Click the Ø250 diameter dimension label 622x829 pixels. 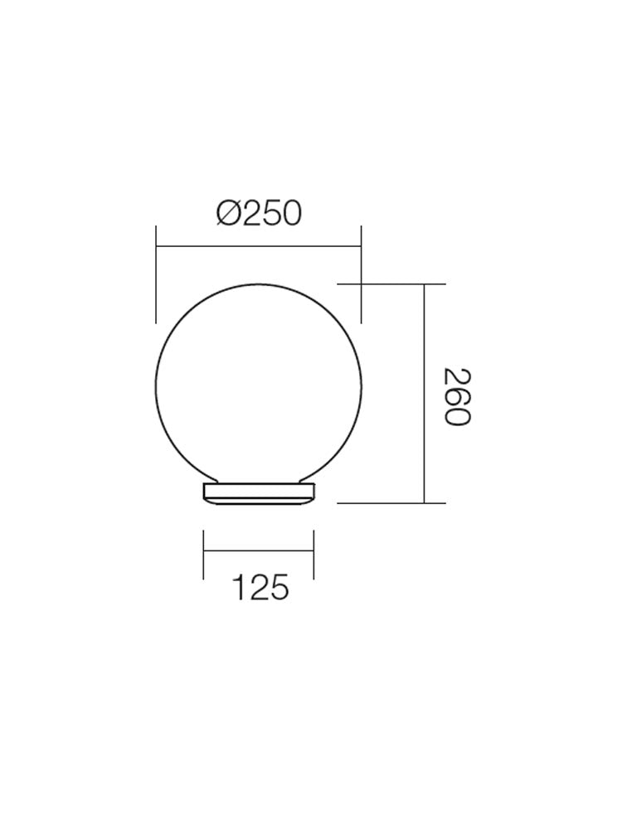(259, 214)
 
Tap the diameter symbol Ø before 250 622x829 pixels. (229, 214)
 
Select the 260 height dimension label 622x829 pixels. (455, 395)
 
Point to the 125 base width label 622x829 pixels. (259, 588)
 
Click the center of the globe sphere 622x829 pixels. (259, 383)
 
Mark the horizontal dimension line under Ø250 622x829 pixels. (259, 246)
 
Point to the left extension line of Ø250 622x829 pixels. (156, 274)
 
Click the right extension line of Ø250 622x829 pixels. (361, 274)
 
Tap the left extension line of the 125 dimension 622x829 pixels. (204, 554)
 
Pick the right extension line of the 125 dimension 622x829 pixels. (313, 554)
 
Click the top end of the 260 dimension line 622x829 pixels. (425, 284)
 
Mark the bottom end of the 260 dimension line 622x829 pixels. (425, 502)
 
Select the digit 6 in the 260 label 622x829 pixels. (455, 395)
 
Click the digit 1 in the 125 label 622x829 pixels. (238, 588)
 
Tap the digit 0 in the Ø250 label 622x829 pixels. (288, 214)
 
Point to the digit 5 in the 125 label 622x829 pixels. (279, 588)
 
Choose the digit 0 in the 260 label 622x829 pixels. (455, 414)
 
